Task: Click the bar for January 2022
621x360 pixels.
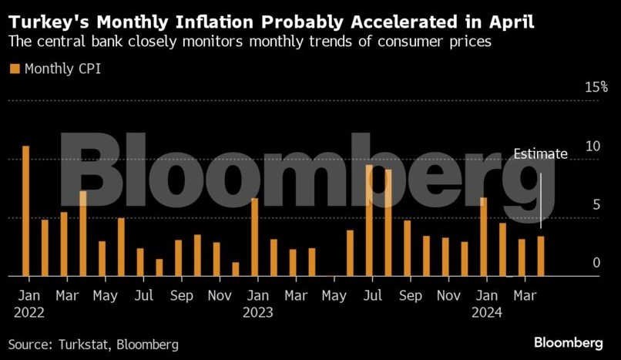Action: [25, 210]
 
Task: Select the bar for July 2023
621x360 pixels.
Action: [369, 220]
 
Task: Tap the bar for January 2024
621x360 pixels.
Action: [484, 237]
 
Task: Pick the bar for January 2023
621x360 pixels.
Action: [254, 237]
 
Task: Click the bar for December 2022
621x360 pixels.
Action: [236, 269]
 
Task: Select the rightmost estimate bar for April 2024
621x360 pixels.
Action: [541, 256]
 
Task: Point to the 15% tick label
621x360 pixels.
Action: [596, 86]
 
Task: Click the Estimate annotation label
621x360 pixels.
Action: [541, 153]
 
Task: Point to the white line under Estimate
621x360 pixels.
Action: [542, 200]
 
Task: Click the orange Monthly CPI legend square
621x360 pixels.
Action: [15, 69]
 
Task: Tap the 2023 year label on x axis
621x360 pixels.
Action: [259, 312]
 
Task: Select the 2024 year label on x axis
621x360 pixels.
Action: [488, 312]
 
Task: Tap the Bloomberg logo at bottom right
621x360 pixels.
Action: [569, 342]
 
